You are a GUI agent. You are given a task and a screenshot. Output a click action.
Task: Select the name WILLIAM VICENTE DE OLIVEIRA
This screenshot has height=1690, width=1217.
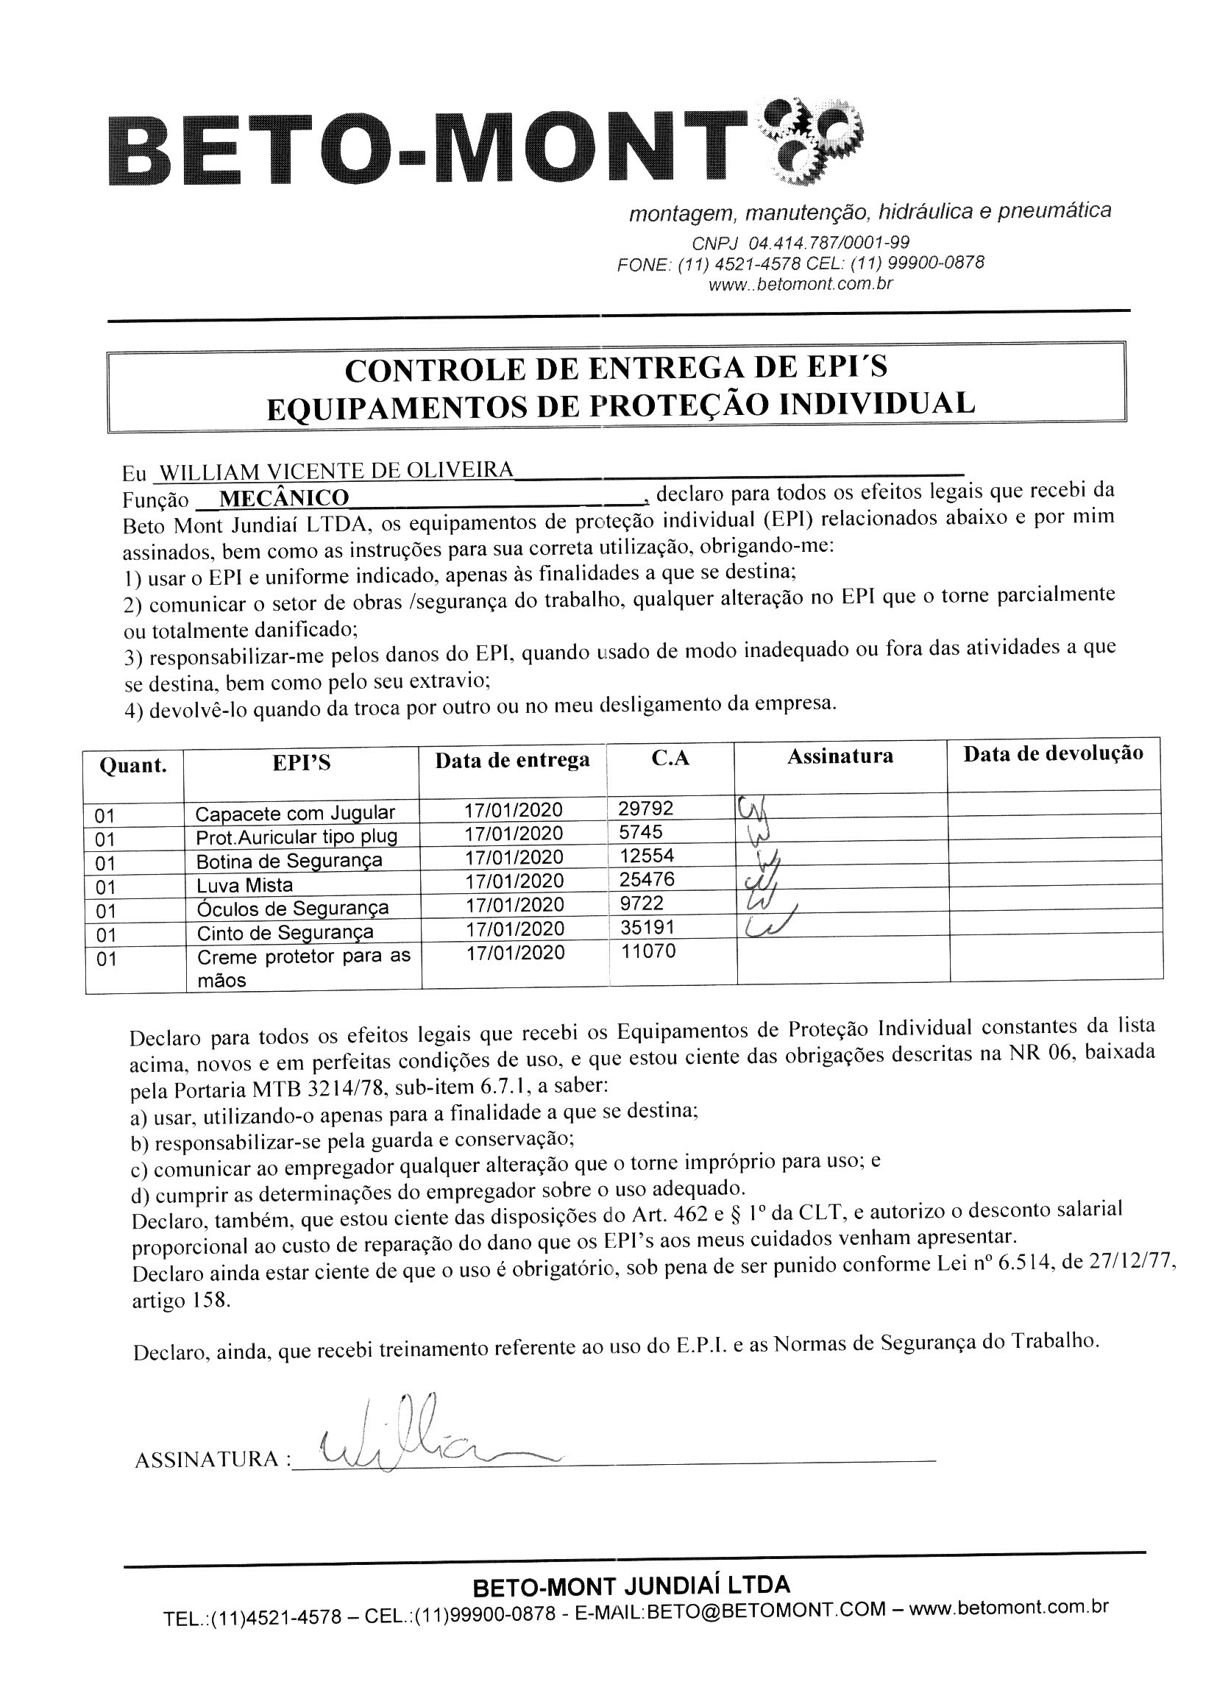337,471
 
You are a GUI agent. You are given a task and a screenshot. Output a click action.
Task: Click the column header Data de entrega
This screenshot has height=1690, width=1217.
512,760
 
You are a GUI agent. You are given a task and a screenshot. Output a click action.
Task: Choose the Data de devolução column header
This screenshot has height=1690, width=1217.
1052,753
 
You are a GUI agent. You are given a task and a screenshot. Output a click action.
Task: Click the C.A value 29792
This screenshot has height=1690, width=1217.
645,808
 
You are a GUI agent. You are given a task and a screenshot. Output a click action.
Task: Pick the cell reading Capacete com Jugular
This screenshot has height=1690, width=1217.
295,812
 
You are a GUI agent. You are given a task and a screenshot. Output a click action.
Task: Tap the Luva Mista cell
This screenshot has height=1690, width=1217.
244,885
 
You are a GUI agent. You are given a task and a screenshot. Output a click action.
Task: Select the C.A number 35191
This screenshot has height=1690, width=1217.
647,927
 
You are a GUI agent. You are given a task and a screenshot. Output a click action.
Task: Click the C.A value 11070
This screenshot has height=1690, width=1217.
647,951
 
